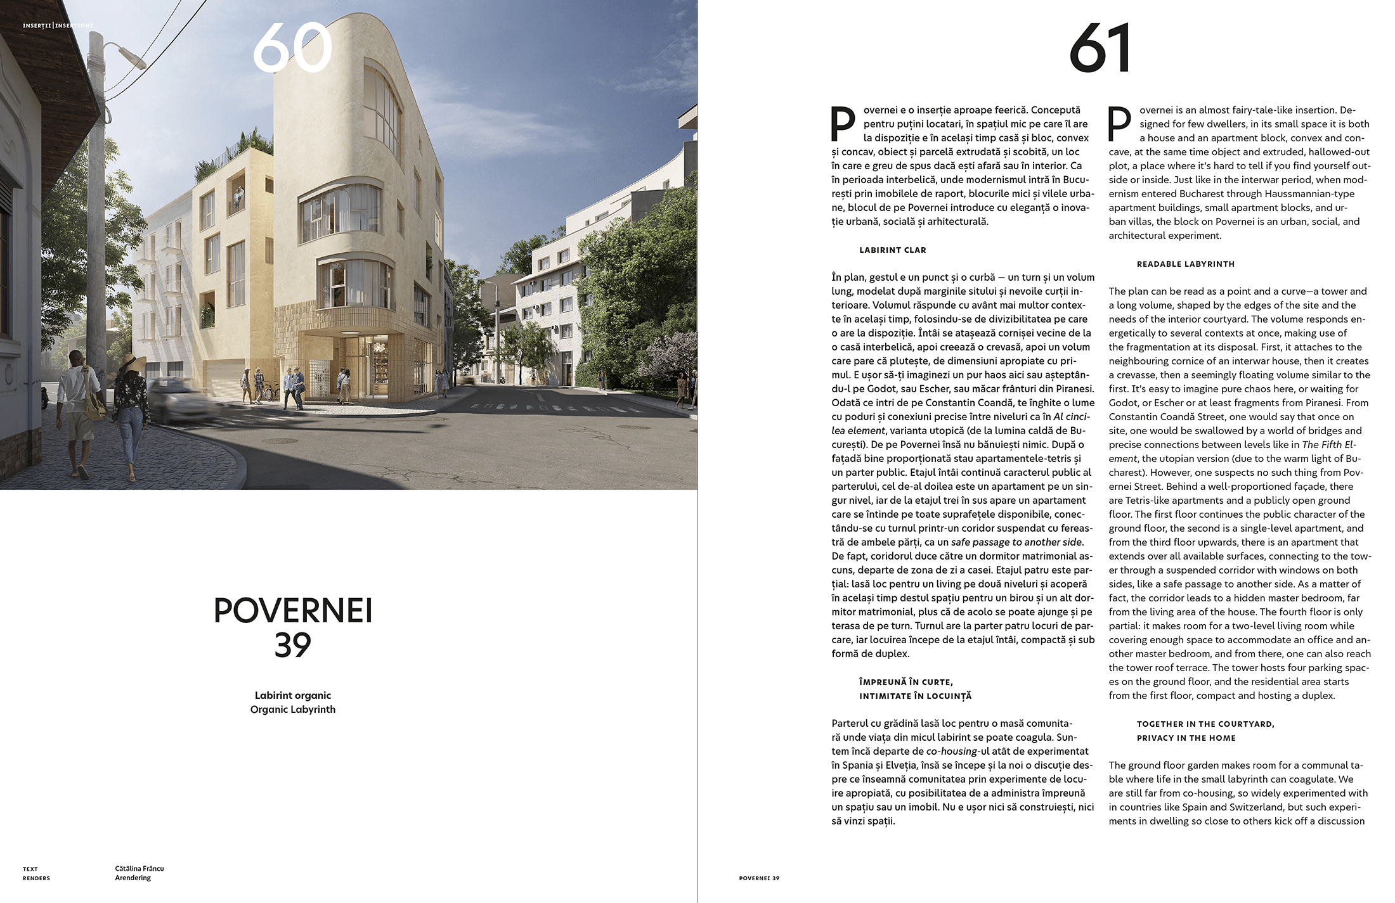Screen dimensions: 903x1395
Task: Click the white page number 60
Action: (x=292, y=48)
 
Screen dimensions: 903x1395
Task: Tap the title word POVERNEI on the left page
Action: (x=293, y=610)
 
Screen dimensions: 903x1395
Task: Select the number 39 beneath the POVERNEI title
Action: (x=293, y=645)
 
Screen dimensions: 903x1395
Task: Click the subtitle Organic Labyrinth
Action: (x=293, y=709)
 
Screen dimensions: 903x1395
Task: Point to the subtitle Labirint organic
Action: (x=293, y=695)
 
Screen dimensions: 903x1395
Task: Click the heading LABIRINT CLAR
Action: (x=892, y=250)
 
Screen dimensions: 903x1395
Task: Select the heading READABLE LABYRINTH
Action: (x=1185, y=264)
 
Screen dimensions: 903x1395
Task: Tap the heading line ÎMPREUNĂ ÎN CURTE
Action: (x=905, y=682)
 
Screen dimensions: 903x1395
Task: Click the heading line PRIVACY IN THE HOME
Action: (x=1186, y=738)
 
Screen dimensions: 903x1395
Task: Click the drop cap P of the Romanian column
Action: (x=843, y=124)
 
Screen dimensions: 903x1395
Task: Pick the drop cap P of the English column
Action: (x=1120, y=124)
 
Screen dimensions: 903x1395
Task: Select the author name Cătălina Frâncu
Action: (x=139, y=868)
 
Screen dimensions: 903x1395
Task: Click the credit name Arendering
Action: (x=133, y=878)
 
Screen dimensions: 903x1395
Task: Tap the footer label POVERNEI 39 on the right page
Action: (x=759, y=878)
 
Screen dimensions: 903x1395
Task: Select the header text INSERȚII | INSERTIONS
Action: (x=58, y=26)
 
